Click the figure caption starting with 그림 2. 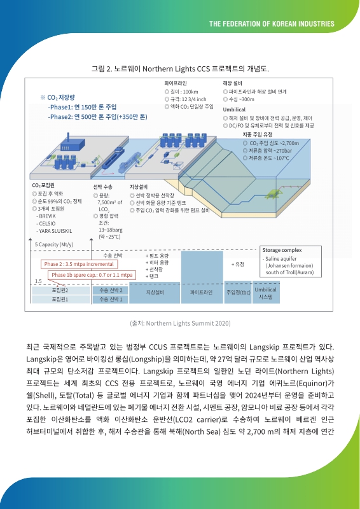(x=180, y=68)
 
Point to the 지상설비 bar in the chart (x=156, y=293)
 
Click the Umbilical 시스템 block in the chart (x=266, y=293)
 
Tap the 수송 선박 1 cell (x=111, y=299)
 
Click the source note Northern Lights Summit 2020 (x=180, y=323)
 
